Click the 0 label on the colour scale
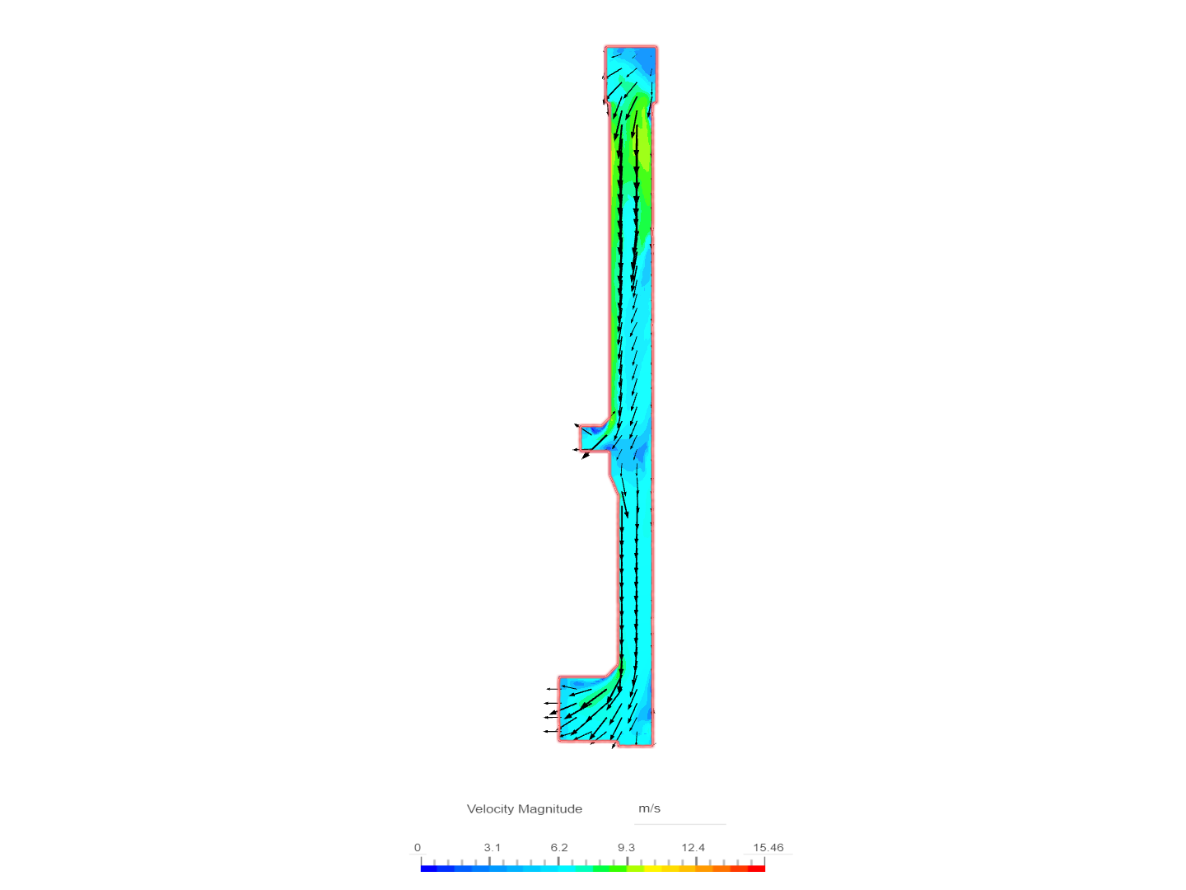(418, 847)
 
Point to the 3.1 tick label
(492, 847)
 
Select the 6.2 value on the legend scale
(559, 847)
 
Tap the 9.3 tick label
(626, 847)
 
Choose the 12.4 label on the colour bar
(693, 847)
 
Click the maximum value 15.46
(768, 847)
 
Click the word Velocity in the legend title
(490, 808)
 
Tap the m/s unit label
(649, 808)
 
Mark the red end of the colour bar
(759, 868)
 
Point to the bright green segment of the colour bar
(609, 868)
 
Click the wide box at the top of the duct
(631, 73)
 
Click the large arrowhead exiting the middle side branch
(586, 455)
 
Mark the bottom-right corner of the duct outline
(654, 745)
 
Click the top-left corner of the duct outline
(605, 47)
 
